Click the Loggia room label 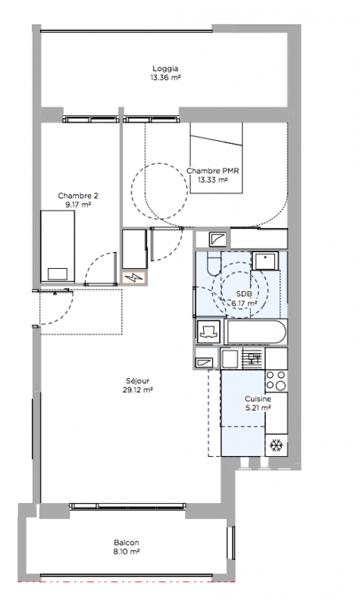click(x=165, y=68)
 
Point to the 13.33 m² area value click(x=212, y=180)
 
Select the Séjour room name click(x=137, y=381)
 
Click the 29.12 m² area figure click(x=138, y=389)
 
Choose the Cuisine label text click(x=258, y=398)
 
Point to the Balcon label click(x=127, y=542)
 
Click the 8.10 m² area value click(x=127, y=551)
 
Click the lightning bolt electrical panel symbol click(x=133, y=277)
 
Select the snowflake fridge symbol click(x=276, y=445)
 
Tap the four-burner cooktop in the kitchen click(x=276, y=380)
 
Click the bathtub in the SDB click(x=255, y=331)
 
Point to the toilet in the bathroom click(x=213, y=263)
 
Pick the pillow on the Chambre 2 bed click(x=58, y=274)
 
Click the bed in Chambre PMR click(x=216, y=158)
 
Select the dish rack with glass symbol click(x=253, y=358)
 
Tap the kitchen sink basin click(x=230, y=358)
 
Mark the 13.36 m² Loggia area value click(x=165, y=77)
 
